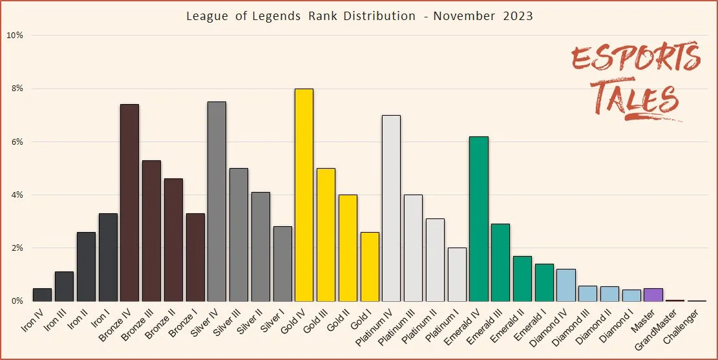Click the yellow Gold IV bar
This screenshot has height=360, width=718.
click(304, 195)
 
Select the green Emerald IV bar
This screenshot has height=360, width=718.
click(479, 219)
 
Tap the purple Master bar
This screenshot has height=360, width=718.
click(654, 295)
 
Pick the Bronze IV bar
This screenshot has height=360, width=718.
click(129, 203)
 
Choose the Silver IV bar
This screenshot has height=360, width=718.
click(216, 202)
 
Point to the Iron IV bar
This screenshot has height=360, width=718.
click(42, 295)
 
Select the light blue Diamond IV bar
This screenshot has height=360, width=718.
click(566, 285)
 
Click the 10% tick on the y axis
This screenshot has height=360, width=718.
click(15, 36)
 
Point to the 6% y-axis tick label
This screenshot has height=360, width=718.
click(15, 142)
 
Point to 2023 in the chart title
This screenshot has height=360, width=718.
click(517, 16)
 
